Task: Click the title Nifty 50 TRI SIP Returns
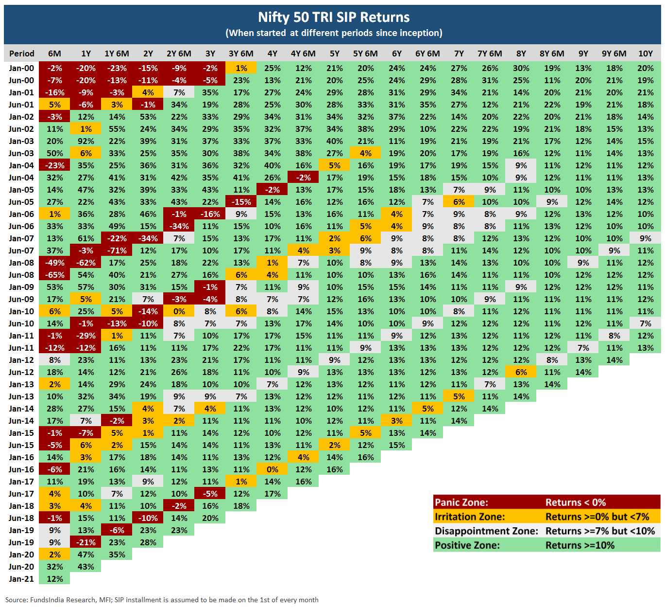(334, 18)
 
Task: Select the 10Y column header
(645, 54)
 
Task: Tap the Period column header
(21, 54)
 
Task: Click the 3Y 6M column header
(241, 54)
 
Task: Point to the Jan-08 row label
(21, 263)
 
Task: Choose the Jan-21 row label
(21, 579)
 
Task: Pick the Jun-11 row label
(21, 348)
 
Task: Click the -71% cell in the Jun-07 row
(117, 251)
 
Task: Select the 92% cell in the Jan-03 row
(86, 141)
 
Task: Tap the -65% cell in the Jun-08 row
(54, 275)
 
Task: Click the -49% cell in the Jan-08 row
(54, 263)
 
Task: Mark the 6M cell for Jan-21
(54, 579)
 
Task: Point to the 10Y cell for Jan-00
(645, 68)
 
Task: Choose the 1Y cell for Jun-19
(86, 542)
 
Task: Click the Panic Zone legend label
(461, 502)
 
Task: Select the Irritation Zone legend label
(470, 517)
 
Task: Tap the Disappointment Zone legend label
(486, 531)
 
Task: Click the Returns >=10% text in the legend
(580, 545)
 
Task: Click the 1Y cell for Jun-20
(86, 567)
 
